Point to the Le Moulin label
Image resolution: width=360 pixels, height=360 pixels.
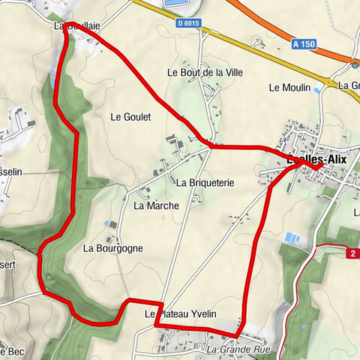click(289, 88)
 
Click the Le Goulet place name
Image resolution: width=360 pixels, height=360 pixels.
click(130, 117)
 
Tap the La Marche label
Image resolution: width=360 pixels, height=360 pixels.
click(156, 205)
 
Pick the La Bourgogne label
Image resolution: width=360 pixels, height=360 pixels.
click(112, 248)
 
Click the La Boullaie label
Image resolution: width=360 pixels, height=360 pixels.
click(77, 25)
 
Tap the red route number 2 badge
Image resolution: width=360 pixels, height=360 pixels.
click(352, 253)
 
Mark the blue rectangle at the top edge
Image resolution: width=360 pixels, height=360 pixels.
click(174, 3)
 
